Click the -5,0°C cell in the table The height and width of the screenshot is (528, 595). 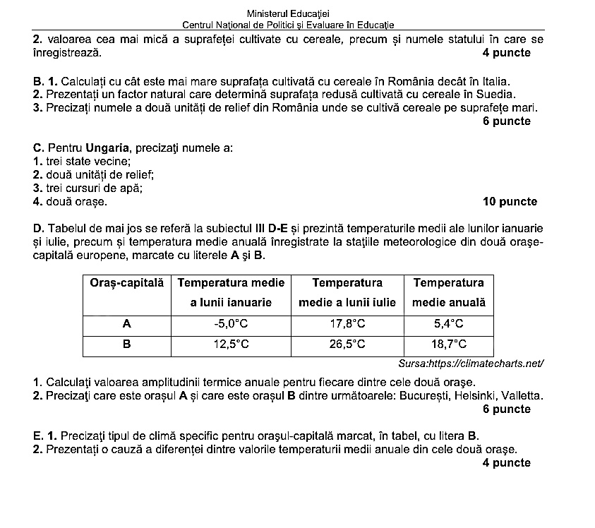tap(231, 324)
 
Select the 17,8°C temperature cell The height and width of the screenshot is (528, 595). tap(347, 324)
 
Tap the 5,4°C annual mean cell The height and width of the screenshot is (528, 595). tap(449, 324)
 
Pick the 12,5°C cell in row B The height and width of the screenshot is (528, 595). tap(231, 344)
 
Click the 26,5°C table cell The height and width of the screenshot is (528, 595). tap(347, 344)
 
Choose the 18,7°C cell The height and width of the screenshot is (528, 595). tap(449, 344)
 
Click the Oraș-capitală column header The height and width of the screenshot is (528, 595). tap(127, 283)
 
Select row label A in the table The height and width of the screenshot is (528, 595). tap(127, 324)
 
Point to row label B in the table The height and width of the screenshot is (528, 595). tap(127, 344)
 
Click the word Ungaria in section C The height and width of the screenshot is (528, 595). tap(106, 148)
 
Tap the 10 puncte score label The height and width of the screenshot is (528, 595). tap(510, 202)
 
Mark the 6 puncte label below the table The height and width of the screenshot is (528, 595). tap(507, 409)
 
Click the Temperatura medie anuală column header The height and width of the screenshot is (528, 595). tap(449, 293)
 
